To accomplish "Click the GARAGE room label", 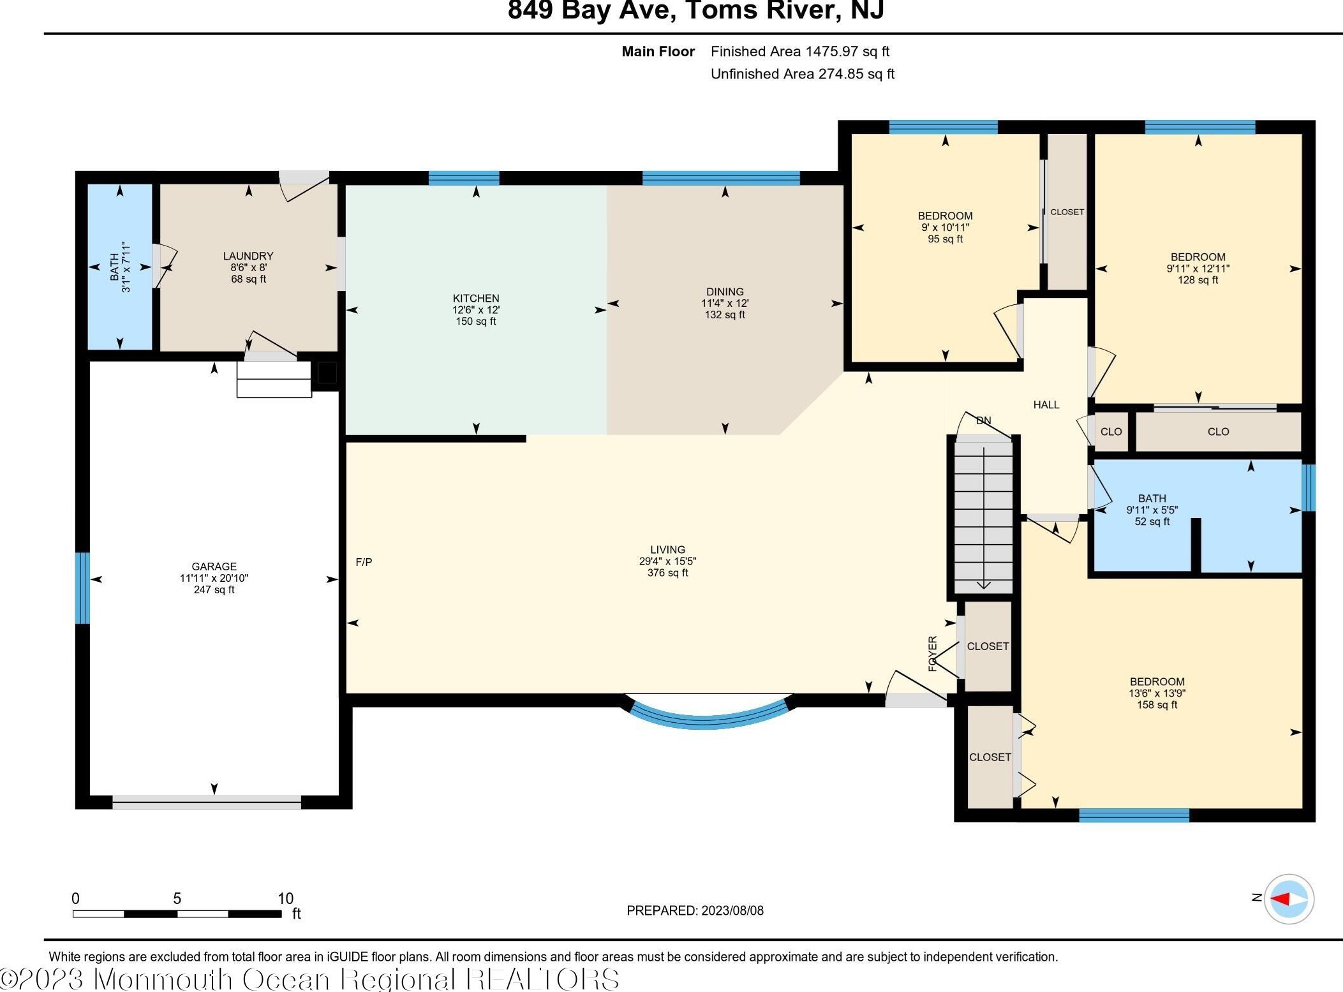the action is pos(214,566).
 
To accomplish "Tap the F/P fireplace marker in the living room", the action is pos(364,562).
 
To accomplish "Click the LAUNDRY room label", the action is pos(248,256).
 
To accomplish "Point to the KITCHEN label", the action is pos(476,298).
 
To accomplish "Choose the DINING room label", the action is pos(725,292).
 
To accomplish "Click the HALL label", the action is pos(1046,404).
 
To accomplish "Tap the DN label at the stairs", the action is pos(984,420).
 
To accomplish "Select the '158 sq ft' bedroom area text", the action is pos(1157,705).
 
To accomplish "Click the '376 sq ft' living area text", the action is pos(667,573).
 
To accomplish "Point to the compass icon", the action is pos(1289,899).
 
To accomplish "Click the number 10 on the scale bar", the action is pos(285,898).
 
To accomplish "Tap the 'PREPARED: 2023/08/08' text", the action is pos(695,910).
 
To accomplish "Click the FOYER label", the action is pos(933,653).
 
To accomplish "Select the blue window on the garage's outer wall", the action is pos(82,588).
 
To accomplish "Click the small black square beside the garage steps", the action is pos(327,373).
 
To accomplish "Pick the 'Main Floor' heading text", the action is pos(658,52).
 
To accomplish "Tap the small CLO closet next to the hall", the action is pos(1111,432).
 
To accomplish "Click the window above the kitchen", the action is pos(464,178).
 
